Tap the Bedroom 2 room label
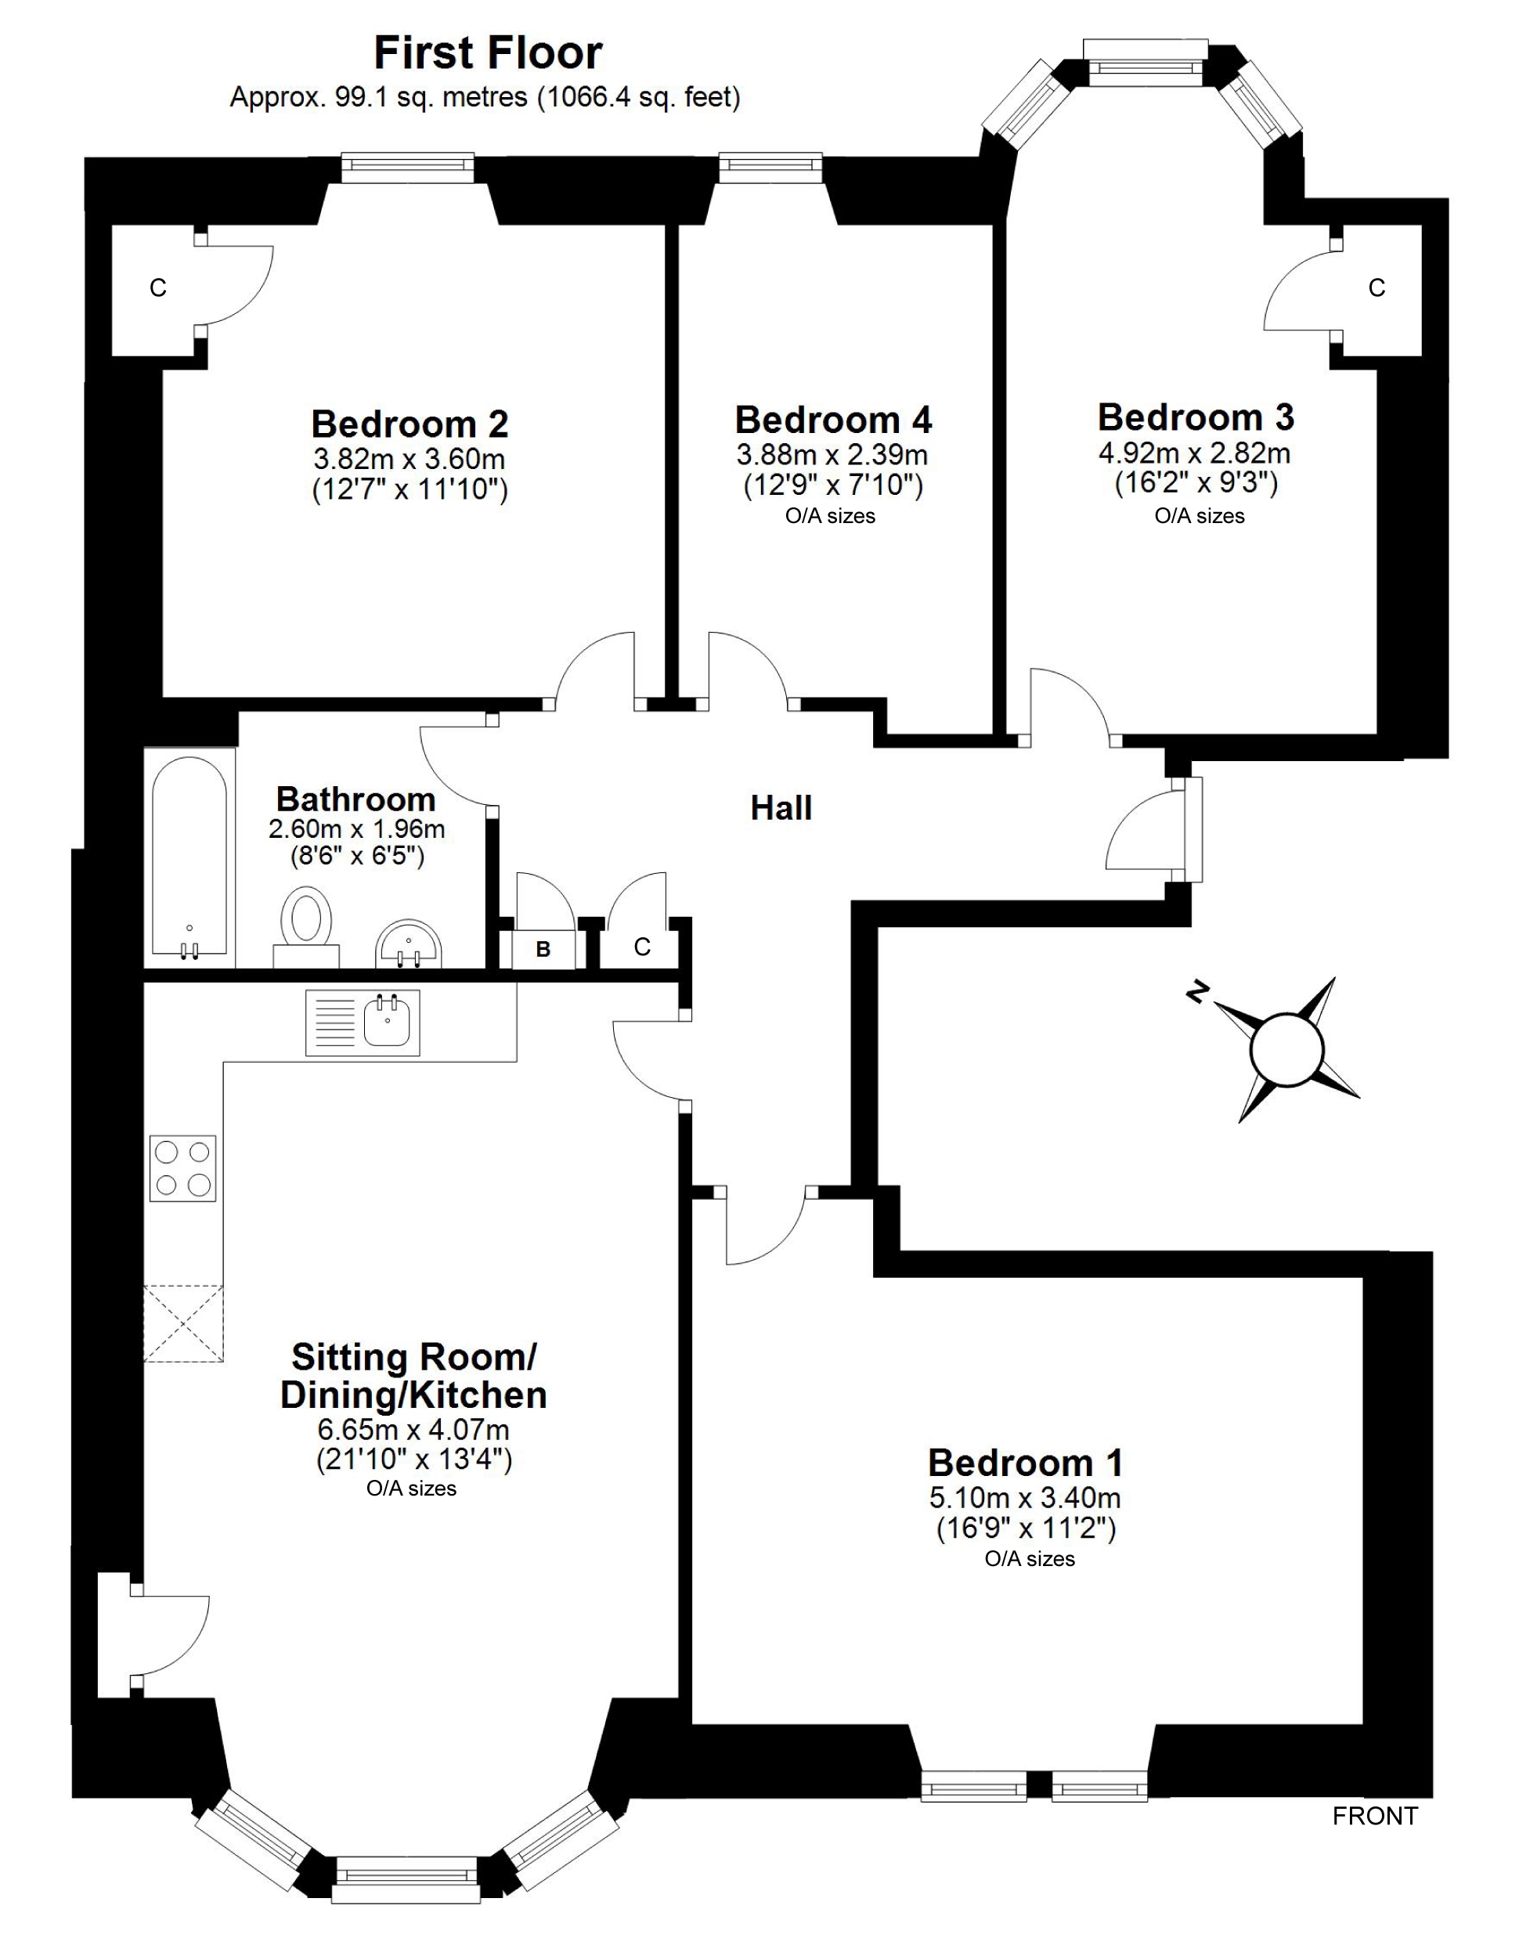pyautogui.click(x=410, y=424)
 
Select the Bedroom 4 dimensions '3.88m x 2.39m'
pyautogui.click(x=832, y=456)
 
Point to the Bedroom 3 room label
pyautogui.click(x=1196, y=417)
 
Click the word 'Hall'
pyautogui.click(x=781, y=808)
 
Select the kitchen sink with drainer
pyautogui.click(x=362, y=1022)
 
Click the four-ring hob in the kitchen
pyautogui.click(x=182, y=1167)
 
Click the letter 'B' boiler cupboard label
pyautogui.click(x=543, y=950)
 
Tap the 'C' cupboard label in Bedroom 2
pyautogui.click(x=157, y=288)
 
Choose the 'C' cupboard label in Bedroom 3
pyautogui.click(x=1376, y=288)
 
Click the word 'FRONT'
pyautogui.click(x=1374, y=1816)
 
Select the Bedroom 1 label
pyautogui.click(x=1026, y=1463)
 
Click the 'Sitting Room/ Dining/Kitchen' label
pyautogui.click(x=413, y=1376)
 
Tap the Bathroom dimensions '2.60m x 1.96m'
pyautogui.click(x=356, y=829)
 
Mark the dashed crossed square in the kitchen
pyautogui.click(x=183, y=1323)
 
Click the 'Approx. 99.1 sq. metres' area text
pyautogui.click(x=485, y=97)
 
